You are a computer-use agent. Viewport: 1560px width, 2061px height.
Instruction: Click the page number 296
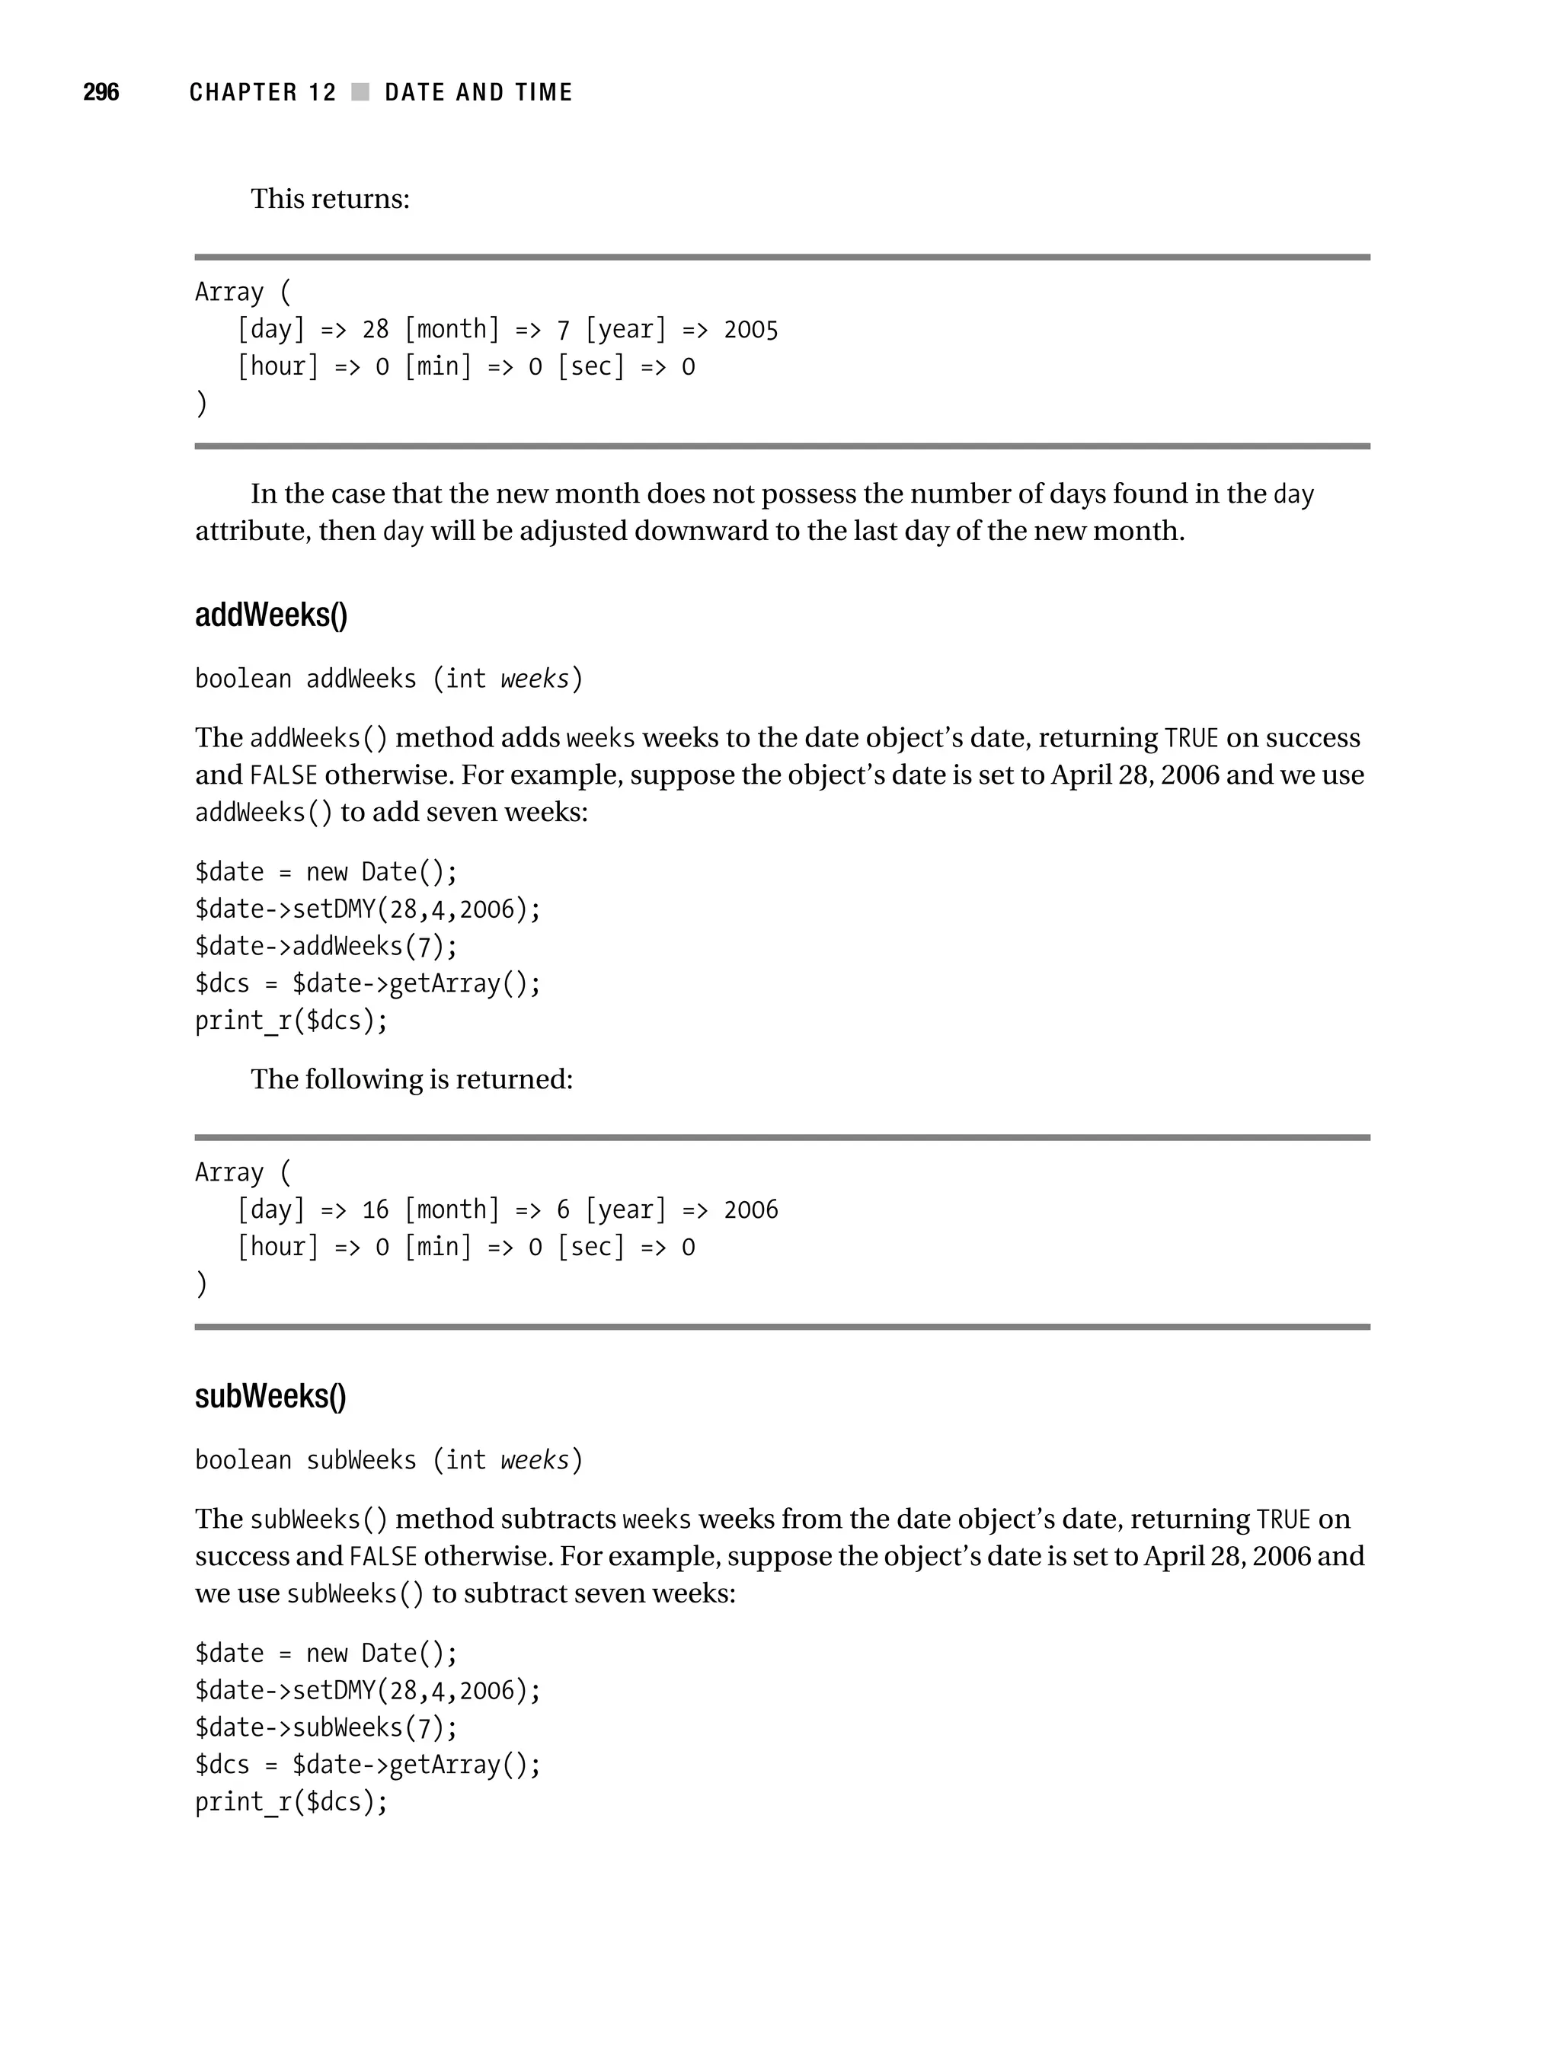(101, 92)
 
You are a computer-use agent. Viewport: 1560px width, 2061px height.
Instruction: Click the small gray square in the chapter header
(360, 92)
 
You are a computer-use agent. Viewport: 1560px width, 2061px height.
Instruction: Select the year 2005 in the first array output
(750, 330)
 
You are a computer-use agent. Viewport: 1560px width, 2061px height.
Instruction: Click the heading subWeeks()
(270, 1396)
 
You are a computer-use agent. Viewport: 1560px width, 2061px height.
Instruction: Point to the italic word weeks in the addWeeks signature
(534, 679)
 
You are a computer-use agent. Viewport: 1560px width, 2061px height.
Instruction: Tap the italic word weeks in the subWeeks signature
(534, 1460)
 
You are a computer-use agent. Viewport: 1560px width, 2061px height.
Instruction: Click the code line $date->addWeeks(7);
(326, 947)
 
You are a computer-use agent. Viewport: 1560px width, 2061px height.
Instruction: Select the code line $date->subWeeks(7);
(326, 1727)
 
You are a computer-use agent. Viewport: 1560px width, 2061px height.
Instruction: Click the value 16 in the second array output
(375, 1210)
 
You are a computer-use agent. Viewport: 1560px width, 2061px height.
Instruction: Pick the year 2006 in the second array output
(750, 1210)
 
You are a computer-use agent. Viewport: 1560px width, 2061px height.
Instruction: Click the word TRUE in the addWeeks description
(1191, 739)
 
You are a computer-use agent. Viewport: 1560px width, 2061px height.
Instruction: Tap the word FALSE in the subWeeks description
(382, 1557)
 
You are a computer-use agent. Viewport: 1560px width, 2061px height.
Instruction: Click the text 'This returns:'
(330, 200)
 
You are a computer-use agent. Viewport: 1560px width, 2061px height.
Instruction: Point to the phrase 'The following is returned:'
(411, 1079)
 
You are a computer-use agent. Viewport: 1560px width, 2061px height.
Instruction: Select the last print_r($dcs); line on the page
(291, 1802)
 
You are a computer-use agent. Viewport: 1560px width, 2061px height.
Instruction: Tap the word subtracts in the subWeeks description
(558, 1519)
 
